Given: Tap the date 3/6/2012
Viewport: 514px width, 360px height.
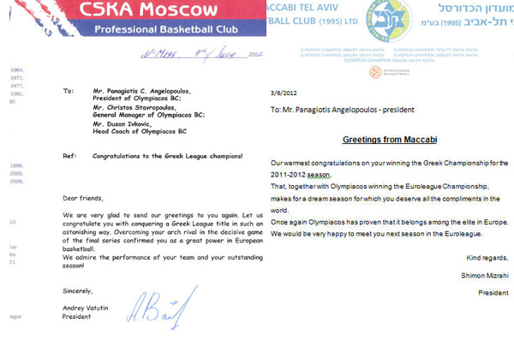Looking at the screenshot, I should coord(283,93).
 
